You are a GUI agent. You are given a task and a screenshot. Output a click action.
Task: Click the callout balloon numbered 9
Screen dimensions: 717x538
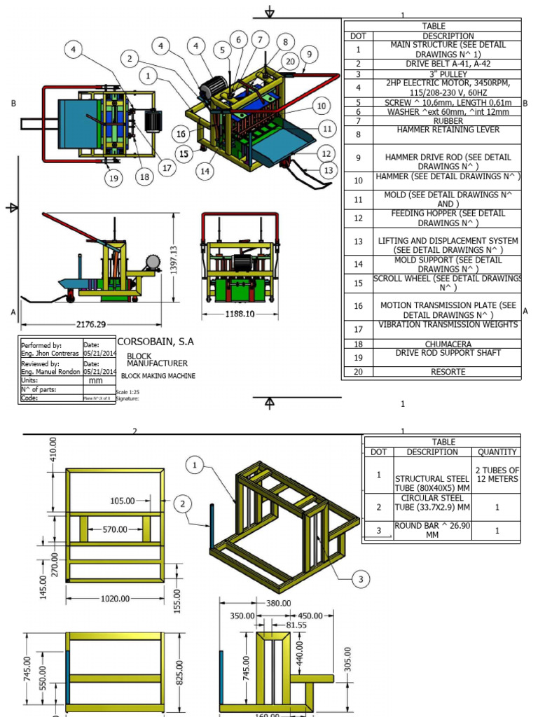point(308,54)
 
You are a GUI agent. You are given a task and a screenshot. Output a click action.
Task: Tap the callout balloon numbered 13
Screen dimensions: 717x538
point(329,169)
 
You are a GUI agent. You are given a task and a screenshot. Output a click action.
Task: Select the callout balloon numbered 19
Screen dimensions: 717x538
point(113,179)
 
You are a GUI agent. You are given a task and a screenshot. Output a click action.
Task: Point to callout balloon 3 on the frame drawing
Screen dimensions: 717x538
point(360,578)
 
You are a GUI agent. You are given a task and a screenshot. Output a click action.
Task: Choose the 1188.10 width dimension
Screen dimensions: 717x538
point(240,314)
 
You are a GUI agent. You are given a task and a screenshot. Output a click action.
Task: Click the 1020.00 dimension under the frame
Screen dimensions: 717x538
point(115,599)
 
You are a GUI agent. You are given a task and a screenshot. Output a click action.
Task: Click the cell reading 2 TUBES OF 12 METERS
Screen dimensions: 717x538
point(497,475)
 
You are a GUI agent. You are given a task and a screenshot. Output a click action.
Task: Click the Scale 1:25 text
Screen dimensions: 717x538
point(127,391)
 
